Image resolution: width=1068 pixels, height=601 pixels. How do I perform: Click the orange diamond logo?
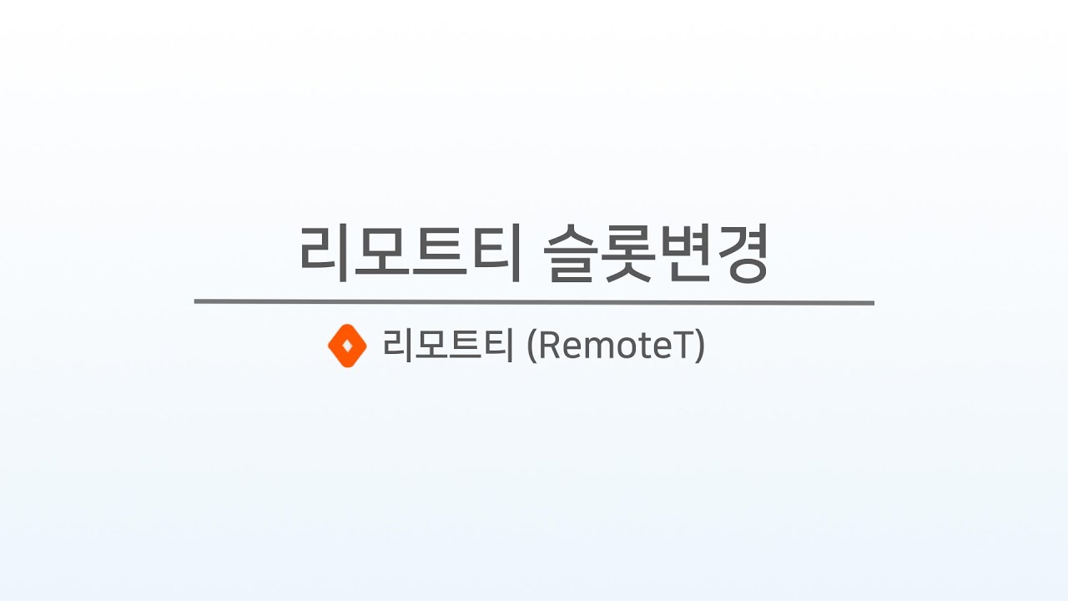(x=347, y=346)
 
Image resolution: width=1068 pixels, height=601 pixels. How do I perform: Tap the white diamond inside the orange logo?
(x=348, y=346)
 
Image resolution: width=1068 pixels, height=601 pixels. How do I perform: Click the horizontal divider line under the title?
(x=534, y=302)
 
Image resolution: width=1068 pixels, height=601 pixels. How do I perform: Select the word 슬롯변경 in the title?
(x=655, y=253)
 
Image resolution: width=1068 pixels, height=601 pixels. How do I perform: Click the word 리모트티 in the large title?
(x=410, y=253)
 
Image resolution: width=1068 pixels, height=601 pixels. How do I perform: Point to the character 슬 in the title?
(x=571, y=253)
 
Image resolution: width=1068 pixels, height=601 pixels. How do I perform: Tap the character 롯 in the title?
(x=628, y=253)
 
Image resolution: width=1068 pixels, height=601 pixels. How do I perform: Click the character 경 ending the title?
(x=740, y=254)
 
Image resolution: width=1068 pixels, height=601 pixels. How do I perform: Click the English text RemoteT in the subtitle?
(x=616, y=346)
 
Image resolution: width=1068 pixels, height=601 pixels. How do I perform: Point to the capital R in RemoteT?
(x=548, y=346)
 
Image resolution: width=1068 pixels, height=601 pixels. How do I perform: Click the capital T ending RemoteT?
(x=682, y=346)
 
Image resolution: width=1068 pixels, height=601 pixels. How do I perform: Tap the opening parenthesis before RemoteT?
(x=531, y=346)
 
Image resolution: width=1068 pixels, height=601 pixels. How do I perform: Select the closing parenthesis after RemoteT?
(x=699, y=346)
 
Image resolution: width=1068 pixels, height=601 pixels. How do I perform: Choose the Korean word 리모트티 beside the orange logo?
(x=448, y=346)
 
